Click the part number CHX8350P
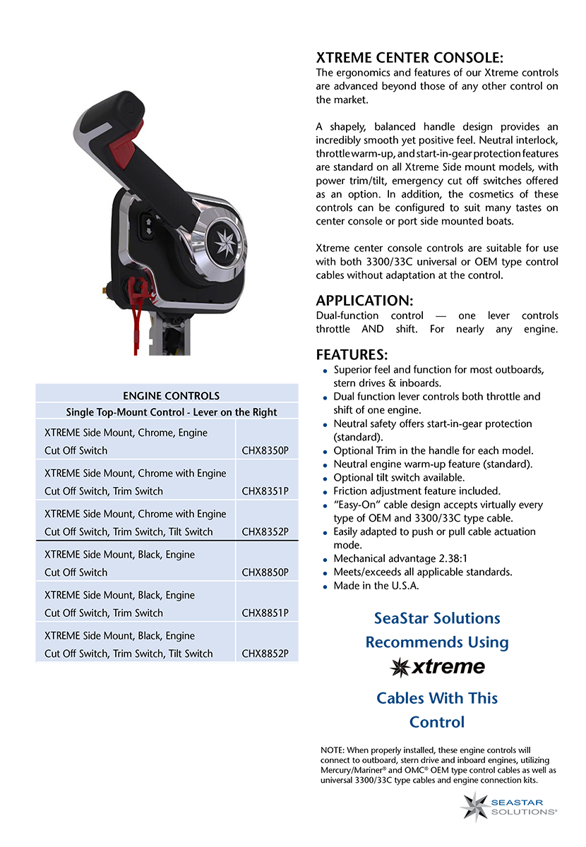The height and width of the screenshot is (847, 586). click(265, 450)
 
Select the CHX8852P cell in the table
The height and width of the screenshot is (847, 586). click(265, 654)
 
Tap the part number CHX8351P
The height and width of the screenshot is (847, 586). click(265, 491)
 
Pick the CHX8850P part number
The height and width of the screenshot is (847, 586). click(265, 572)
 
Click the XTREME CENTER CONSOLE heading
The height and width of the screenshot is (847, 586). click(409, 58)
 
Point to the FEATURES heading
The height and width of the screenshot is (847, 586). click(352, 354)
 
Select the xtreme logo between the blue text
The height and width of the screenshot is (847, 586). click(438, 666)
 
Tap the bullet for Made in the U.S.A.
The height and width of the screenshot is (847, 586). click(325, 587)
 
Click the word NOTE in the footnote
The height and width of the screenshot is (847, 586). click(331, 750)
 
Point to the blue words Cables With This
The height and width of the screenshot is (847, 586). click(437, 698)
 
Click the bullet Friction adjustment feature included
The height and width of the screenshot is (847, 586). click(325, 492)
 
